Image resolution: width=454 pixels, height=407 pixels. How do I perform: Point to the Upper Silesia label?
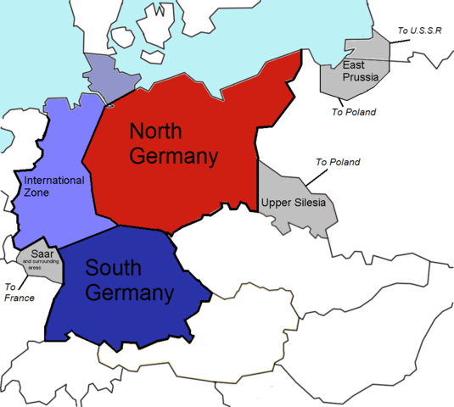pos(294,201)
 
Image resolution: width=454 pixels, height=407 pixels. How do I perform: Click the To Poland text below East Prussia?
pos(354,111)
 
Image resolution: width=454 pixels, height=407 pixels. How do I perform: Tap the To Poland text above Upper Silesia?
pos(338,162)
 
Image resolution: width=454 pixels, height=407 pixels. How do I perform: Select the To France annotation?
pos(19,293)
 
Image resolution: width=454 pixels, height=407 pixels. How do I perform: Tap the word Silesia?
pos(310,201)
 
